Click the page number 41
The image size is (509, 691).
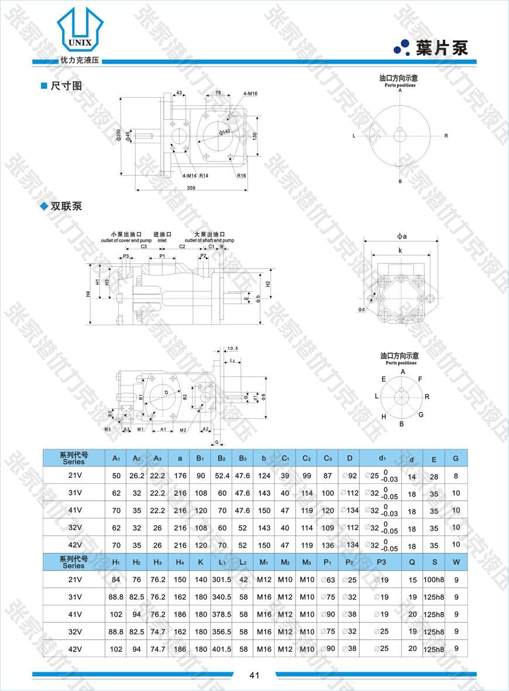point(254,675)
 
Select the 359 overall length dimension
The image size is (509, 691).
point(191,188)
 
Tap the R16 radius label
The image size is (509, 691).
point(242,176)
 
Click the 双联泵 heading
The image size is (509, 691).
point(66,206)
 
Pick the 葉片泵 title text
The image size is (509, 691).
point(442,48)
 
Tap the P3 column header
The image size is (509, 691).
point(381,562)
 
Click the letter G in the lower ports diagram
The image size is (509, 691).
point(421,414)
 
